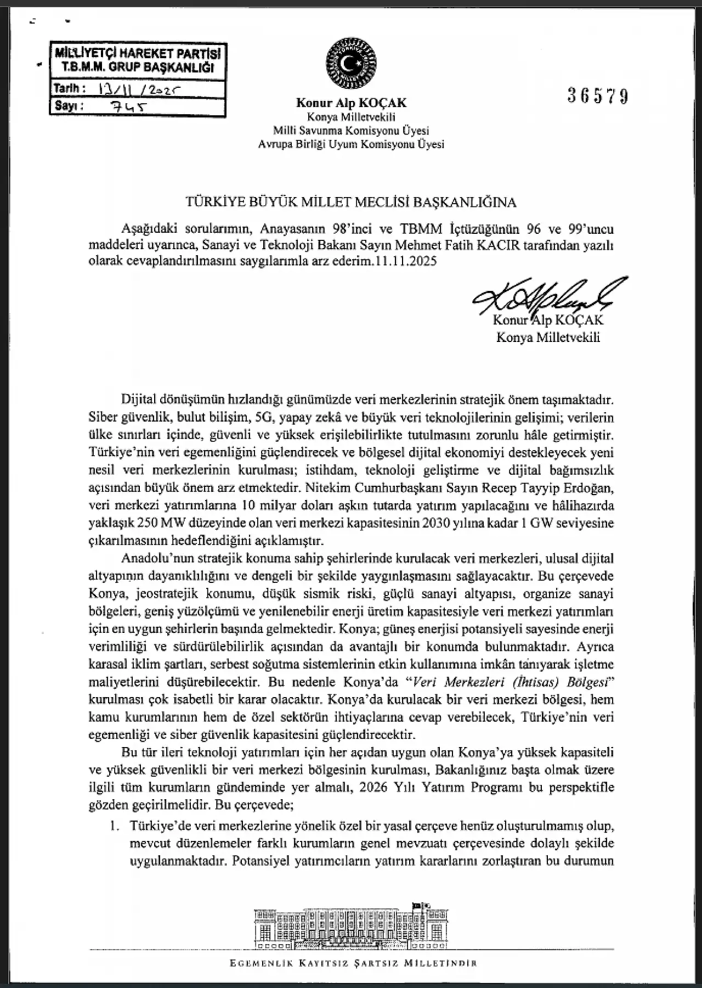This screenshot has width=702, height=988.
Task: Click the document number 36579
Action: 598,97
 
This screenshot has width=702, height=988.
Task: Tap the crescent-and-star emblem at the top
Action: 351,64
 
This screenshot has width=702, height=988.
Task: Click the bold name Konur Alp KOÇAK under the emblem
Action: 351,103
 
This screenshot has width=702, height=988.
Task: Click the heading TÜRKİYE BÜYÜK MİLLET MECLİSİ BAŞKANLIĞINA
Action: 351,202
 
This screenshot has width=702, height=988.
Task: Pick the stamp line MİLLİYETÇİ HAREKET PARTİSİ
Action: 138,54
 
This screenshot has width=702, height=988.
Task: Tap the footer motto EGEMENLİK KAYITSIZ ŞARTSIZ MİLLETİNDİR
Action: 353,963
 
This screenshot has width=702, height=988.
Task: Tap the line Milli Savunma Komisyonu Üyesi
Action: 351,131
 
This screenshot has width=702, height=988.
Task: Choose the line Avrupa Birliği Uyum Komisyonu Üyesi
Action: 351,144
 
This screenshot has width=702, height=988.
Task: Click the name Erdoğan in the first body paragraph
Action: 588,488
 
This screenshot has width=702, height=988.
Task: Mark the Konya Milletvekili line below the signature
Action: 548,337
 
